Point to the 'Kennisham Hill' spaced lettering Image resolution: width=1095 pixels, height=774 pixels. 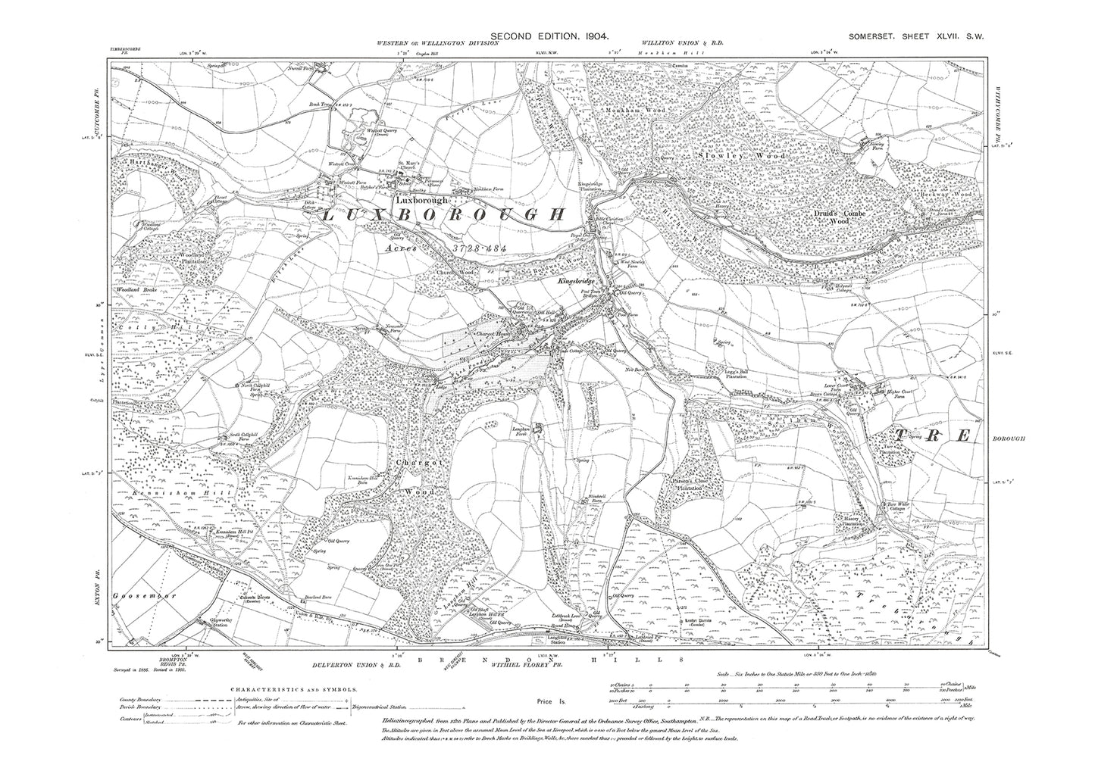[x=160, y=493]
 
